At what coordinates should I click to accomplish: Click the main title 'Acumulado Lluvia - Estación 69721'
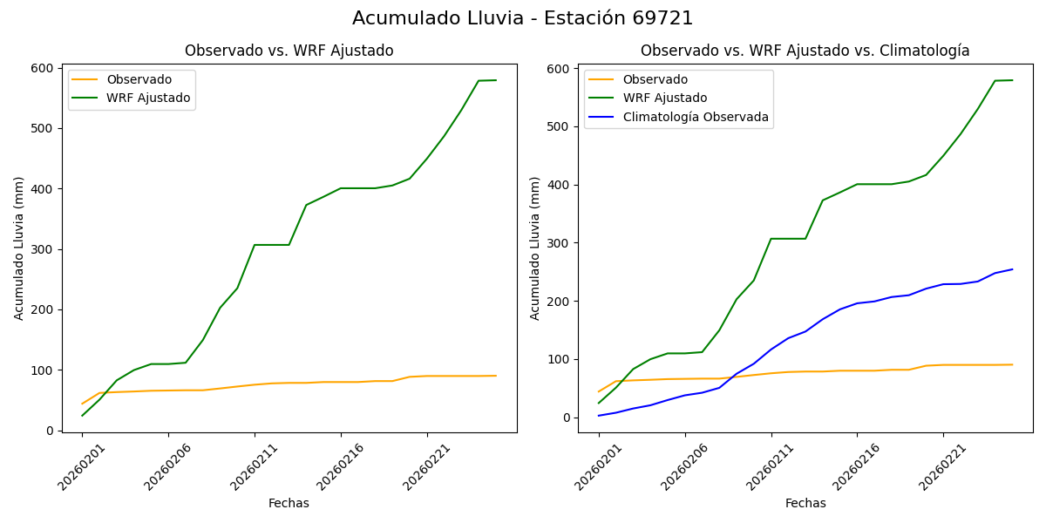click(523, 18)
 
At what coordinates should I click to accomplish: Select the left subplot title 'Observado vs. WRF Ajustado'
click(289, 51)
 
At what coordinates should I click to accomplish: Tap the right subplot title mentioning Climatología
click(805, 51)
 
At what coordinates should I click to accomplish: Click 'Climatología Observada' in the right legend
click(695, 117)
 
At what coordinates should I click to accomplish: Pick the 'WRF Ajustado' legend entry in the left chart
click(148, 98)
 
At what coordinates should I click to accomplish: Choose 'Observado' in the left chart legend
click(139, 79)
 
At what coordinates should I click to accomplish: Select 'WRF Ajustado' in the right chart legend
click(664, 98)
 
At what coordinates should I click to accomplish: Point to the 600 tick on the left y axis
click(43, 68)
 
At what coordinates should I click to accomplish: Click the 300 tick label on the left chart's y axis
click(43, 249)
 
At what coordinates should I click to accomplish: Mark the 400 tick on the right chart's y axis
click(560, 185)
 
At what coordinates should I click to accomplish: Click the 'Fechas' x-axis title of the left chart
click(289, 503)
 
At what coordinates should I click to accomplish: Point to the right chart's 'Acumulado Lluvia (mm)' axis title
click(536, 248)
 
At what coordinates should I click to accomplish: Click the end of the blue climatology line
click(1012, 269)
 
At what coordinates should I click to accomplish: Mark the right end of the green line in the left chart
click(496, 80)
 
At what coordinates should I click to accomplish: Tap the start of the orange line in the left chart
click(82, 404)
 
